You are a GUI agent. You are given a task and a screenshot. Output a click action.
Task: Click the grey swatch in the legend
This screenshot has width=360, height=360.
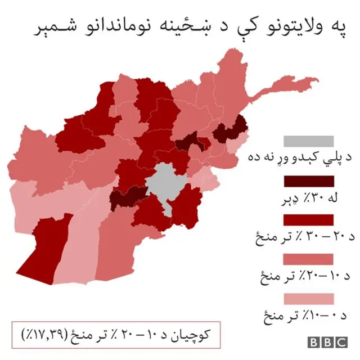click(x=309, y=141)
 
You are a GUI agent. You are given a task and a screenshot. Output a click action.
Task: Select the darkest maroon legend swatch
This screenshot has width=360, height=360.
click(x=309, y=181)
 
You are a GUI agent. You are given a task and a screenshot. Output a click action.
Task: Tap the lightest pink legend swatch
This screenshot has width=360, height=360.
click(x=309, y=298)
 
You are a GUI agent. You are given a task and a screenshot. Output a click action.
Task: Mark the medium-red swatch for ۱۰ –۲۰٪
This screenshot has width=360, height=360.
click(x=309, y=259)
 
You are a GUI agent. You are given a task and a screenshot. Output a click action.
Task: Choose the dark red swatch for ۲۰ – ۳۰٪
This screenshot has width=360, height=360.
click(x=309, y=220)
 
